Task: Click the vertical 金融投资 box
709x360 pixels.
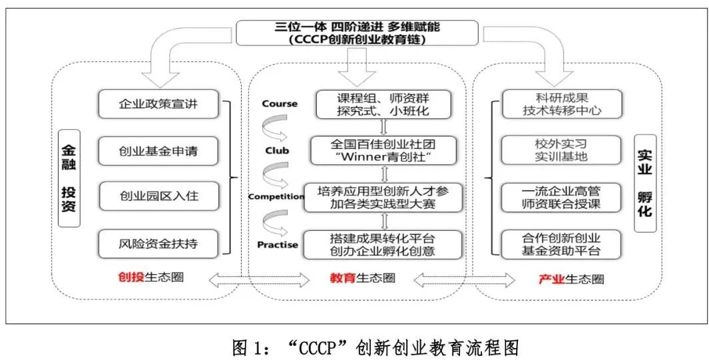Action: point(69,178)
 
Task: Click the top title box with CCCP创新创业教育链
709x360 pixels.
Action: point(357,33)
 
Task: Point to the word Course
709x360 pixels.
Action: point(280,104)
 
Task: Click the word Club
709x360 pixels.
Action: point(276,150)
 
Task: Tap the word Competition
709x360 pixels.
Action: point(276,197)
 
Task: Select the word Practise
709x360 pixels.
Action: point(278,244)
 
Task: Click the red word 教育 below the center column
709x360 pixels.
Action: point(342,278)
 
